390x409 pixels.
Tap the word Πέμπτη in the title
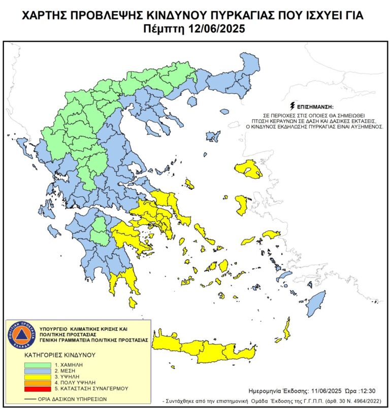pos(165,29)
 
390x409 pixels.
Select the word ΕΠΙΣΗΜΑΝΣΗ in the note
pos(315,107)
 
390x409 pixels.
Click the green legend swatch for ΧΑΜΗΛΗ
pos(38,364)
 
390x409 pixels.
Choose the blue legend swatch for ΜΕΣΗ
pos(38,370)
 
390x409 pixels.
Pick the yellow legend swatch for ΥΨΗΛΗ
pos(38,377)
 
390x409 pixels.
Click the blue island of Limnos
pos(213,136)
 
